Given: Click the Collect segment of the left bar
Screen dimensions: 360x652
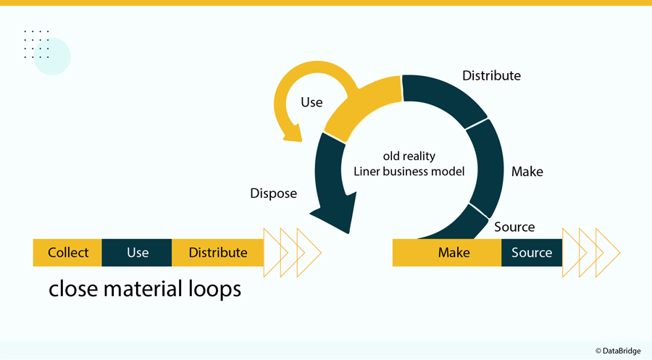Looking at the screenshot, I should pos(68,253).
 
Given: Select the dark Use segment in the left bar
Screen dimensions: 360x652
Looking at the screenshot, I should pos(137,253).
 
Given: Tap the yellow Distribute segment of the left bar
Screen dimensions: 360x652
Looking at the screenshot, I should pos(217,253).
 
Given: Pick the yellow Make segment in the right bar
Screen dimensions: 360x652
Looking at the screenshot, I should pos(454,253).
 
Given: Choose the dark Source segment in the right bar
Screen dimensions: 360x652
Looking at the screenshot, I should pos(532,253).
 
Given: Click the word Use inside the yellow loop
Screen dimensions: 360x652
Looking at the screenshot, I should pos(312,102).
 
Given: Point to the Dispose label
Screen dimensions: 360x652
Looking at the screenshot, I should pos(274,193).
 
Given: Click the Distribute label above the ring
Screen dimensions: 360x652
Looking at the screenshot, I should pos(491,75).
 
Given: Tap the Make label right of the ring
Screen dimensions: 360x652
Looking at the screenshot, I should pos(527,172).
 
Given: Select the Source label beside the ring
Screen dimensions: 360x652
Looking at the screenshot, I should pos(514,227).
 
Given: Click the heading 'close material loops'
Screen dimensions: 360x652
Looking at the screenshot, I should pos(144,289).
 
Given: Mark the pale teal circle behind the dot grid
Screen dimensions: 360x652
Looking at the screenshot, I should pos(52,56).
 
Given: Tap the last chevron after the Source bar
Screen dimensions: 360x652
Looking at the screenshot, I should pos(607,253).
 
